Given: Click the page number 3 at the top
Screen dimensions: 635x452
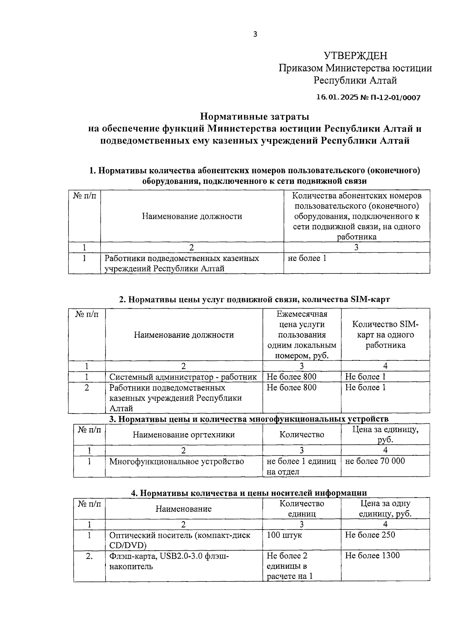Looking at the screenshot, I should (x=255, y=35).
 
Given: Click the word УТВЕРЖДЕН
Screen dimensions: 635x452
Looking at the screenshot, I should (x=355, y=56).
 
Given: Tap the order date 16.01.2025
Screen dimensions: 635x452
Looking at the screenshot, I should (x=337, y=98).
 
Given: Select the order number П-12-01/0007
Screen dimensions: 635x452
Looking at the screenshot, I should (x=395, y=98).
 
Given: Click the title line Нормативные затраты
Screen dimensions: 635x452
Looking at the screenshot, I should (x=254, y=116).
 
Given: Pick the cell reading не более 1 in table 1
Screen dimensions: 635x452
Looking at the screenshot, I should (x=307, y=258).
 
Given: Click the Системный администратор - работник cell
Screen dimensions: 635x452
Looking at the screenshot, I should (x=183, y=377).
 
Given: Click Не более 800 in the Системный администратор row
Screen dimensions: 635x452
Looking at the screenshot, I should (x=292, y=377).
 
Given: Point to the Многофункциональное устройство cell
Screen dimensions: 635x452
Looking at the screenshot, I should (x=176, y=461).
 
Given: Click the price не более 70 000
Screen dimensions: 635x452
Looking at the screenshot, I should (x=375, y=461).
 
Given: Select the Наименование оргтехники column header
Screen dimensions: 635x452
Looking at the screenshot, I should (x=183, y=435).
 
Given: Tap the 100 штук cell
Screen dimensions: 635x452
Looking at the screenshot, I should (x=284, y=535).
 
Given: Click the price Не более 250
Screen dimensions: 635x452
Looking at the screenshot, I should (x=370, y=535).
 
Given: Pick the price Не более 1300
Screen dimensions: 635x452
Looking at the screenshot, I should (x=372, y=556).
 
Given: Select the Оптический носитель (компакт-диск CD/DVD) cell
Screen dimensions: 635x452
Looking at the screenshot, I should (x=180, y=540).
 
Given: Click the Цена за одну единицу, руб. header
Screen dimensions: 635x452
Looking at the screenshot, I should (x=385, y=508).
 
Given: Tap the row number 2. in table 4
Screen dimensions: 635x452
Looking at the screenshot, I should (x=89, y=556).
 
